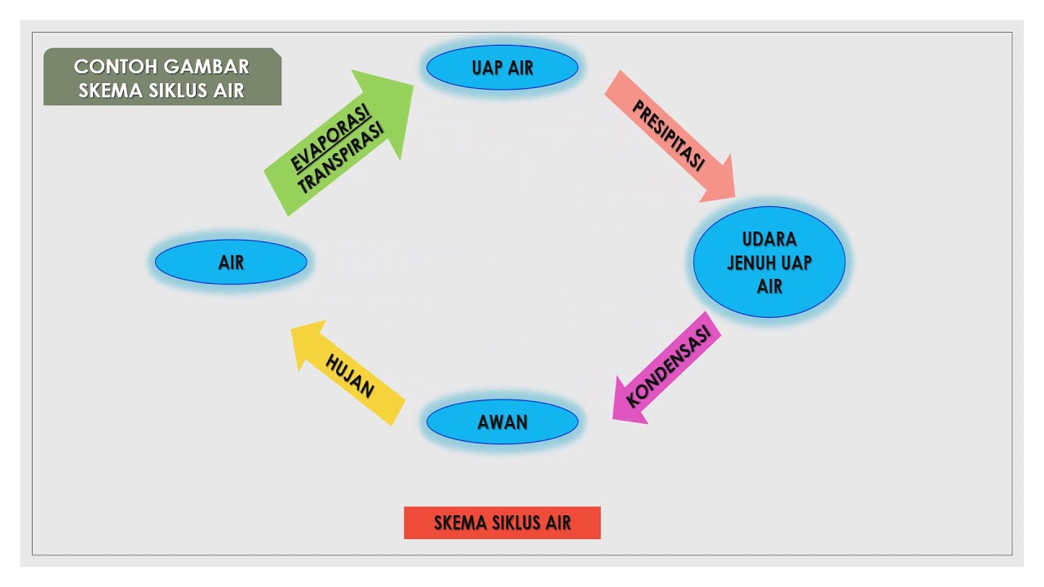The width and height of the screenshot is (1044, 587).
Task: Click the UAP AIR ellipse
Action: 502,68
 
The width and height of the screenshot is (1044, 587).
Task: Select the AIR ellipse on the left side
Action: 231,263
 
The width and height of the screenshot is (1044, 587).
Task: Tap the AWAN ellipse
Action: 502,422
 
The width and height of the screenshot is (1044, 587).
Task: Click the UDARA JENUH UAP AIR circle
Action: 769,263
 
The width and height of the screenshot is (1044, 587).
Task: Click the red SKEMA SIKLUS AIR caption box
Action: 502,523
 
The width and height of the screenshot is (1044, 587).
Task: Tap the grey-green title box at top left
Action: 162,77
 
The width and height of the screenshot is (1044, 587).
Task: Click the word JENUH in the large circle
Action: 750,263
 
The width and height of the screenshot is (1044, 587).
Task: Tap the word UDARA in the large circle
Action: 769,240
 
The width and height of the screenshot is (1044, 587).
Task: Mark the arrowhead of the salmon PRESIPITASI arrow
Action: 718,181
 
